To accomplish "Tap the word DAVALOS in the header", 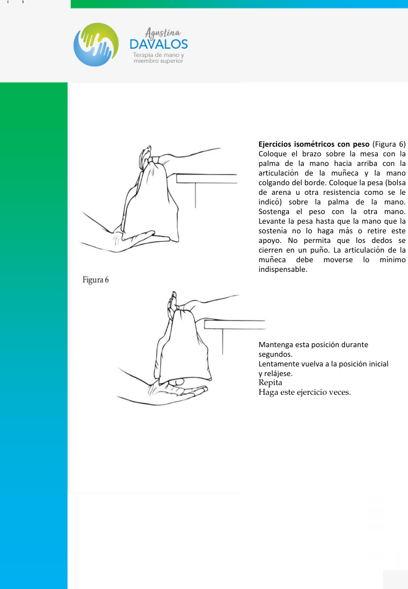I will click(x=159, y=44).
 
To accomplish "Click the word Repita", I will click(x=270, y=382).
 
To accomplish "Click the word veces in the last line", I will click(x=337, y=392).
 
